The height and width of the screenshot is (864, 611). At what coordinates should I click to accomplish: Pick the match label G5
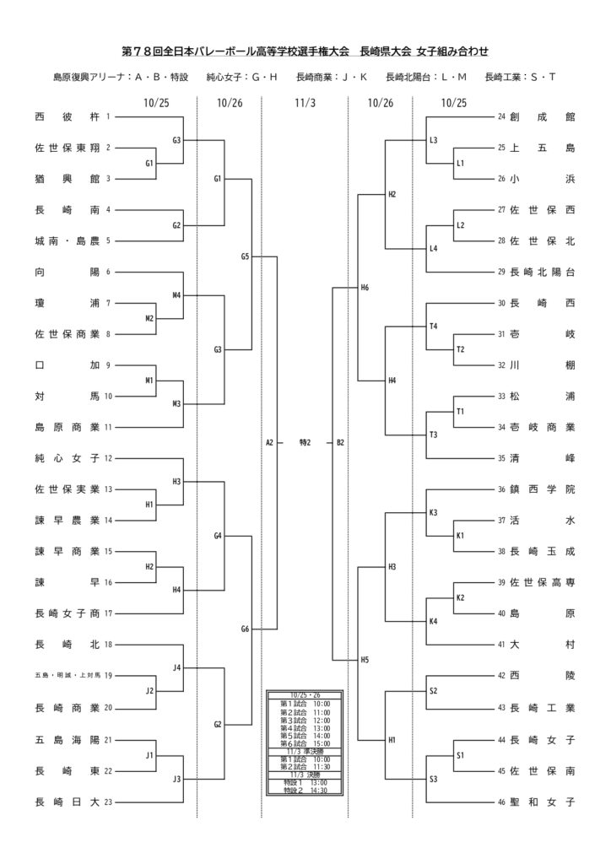(245, 256)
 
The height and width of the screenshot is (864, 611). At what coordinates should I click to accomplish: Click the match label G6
(245, 629)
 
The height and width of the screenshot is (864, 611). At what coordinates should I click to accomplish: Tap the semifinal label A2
(269, 442)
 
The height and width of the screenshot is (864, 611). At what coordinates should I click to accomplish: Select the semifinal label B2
(340, 442)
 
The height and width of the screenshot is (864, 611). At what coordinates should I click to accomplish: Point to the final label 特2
(305, 442)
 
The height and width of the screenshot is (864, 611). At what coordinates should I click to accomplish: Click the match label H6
(365, 288)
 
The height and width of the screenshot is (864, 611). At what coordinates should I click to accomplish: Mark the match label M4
(176, 296)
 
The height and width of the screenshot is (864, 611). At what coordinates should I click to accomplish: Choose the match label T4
(433, 327)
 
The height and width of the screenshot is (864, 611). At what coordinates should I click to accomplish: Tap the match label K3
(433, 513)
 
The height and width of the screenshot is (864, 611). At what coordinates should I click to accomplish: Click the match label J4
(176, 668)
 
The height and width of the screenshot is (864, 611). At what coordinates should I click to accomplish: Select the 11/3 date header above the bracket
(305, 103)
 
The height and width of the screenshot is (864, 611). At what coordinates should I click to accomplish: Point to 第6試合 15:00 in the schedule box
(305, 742)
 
